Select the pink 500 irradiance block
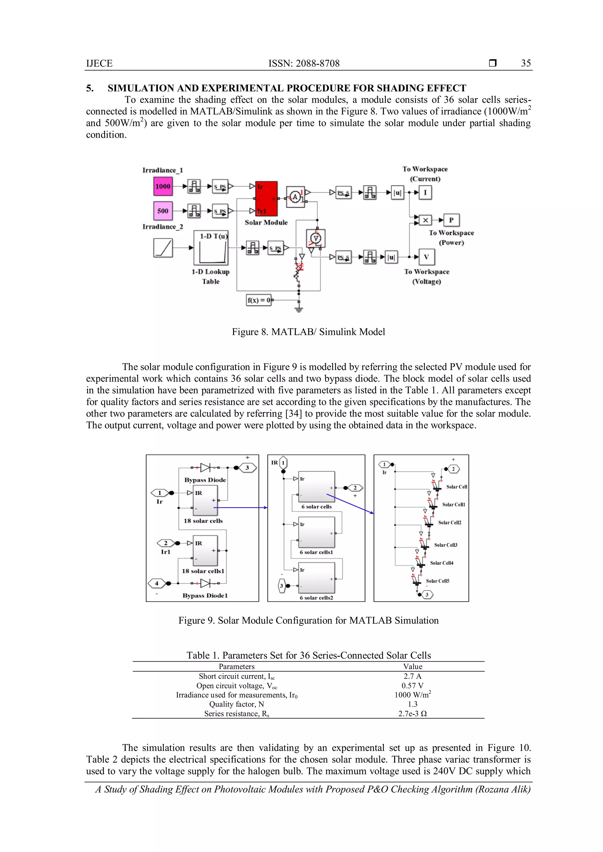pos(163,211)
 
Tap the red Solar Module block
pos(266,199)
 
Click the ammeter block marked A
pos(295,197)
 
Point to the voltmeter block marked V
pos(316,239)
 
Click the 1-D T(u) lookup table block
pos(211,247)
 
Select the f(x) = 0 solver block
pos(259,300)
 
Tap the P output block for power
pos(451,220)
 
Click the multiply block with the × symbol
pos(425,220)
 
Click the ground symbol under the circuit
pos(299,309)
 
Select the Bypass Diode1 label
pos(205,595)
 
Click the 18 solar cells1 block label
pos(203,571)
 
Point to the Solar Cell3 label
pos(445,545)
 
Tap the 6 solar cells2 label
pos(316,598)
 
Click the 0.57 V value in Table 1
pos(412,686)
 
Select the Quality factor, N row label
pos(236,704)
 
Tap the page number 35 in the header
pos(525,63)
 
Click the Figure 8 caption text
pos(308,332)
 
